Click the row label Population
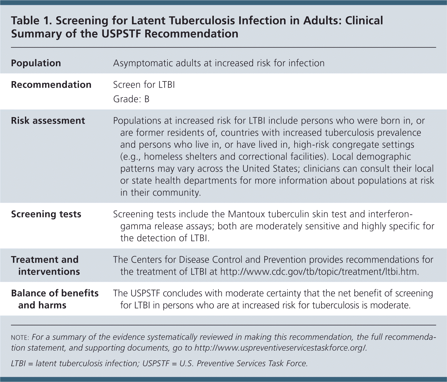(x=36, y=63)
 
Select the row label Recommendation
(x=51, y=85)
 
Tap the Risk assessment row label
(x=48, y=121)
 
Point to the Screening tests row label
(x=46, y=214)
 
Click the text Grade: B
(x=131, y=99)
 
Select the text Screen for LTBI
(x=144, y=85)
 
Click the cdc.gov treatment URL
(x=319, y=272)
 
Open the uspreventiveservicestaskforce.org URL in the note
(x=280, y=348)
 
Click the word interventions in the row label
(x=49, y=272)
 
